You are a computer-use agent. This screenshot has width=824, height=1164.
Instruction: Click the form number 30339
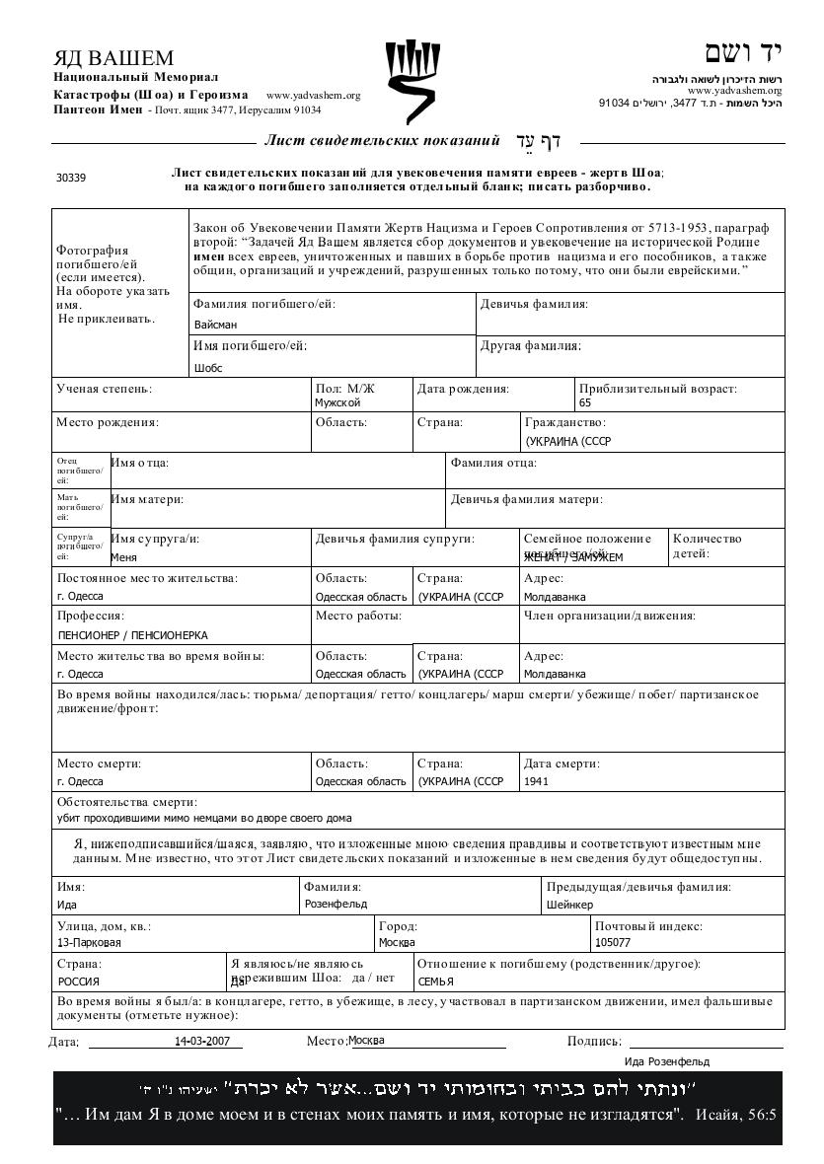point(71,179)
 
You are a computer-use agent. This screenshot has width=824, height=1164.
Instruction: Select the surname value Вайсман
point(215,325)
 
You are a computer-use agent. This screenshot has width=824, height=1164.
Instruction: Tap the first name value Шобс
point(208,369)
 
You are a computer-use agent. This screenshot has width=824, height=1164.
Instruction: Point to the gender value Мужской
point(337,402)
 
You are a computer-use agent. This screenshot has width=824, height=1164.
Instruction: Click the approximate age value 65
point(586,402)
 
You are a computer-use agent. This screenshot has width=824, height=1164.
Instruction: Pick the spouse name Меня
point(123,557)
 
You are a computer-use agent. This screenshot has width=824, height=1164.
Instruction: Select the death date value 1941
point(537,781)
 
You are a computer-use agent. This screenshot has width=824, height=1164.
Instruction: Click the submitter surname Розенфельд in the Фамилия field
point(336,903)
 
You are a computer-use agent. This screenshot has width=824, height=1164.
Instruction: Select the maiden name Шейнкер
point(570,904)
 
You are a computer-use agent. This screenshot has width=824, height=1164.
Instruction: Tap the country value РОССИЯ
point(79,982)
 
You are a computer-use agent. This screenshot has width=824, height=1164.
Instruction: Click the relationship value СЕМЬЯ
point(435,982)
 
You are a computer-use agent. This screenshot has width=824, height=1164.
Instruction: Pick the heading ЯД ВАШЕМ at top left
point(113,58)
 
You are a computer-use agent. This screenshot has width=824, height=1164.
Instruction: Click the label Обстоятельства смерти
point(127,801)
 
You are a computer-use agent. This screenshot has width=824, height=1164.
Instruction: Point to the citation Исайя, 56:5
point(736,1116)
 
